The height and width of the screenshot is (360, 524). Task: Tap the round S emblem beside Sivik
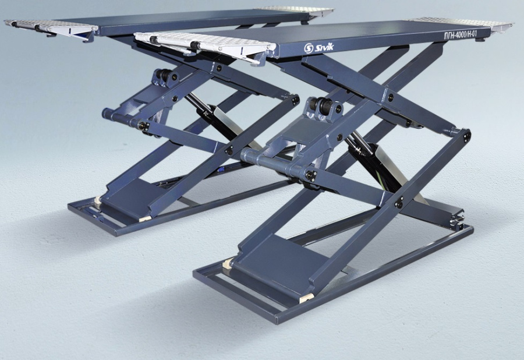(x=309, y=49)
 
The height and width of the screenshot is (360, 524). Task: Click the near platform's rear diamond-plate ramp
(x=462, y=24)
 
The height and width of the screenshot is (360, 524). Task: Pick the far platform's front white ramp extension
(x=51, y=29)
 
